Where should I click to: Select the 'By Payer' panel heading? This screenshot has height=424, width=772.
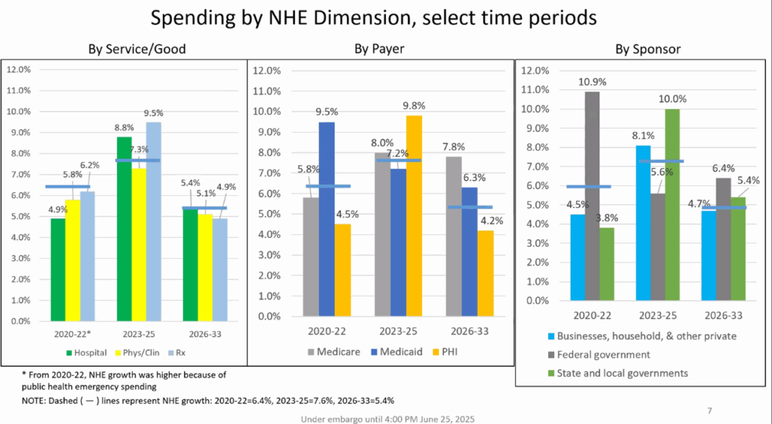379,50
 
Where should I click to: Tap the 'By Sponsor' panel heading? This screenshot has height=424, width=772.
648,50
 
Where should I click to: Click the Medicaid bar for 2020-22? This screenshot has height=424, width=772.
326,218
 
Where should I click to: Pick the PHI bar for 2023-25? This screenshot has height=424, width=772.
413,215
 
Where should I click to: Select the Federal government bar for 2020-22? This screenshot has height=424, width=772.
593,196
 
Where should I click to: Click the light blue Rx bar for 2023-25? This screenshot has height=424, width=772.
153,221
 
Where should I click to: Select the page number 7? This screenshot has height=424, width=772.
709,410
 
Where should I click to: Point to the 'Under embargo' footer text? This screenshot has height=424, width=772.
388,419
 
